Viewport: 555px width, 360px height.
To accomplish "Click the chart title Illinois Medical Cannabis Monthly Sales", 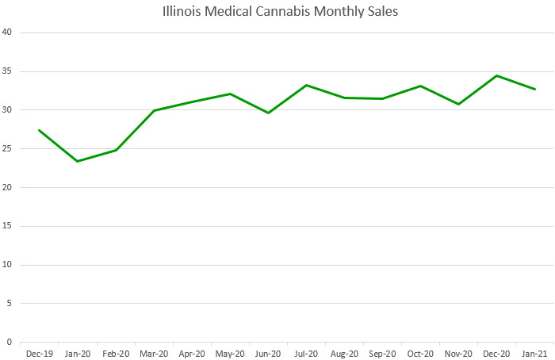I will point(277,12).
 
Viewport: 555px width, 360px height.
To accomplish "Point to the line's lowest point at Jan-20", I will point(77,161).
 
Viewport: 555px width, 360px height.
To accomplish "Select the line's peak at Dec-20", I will point(496,75).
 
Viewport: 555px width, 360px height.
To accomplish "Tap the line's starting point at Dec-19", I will point(39,130).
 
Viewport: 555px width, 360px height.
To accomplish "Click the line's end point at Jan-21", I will point(534,89).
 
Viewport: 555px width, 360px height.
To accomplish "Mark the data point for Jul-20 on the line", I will point(306,85).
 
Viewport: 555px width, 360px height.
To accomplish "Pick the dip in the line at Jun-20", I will point(268,113).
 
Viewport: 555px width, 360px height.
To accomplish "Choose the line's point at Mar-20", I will point(154,110).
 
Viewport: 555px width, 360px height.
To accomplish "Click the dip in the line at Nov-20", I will point(458,104).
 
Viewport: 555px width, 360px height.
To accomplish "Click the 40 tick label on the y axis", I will point(7,33).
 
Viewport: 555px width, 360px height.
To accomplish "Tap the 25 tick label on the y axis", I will point(7,149).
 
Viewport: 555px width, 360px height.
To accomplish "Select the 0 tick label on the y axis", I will point(10,343).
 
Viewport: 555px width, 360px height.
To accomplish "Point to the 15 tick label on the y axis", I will point(7,226).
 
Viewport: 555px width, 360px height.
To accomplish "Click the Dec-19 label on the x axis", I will point(39,354).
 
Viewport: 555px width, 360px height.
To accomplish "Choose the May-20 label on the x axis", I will point(230,354).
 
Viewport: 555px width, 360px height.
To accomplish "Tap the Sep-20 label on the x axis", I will point(382,354).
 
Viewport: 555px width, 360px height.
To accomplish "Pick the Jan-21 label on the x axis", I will point(534,354).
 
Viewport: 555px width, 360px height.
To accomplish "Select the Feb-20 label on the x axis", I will point(115,354).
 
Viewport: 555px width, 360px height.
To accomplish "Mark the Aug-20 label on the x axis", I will point(344,354).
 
